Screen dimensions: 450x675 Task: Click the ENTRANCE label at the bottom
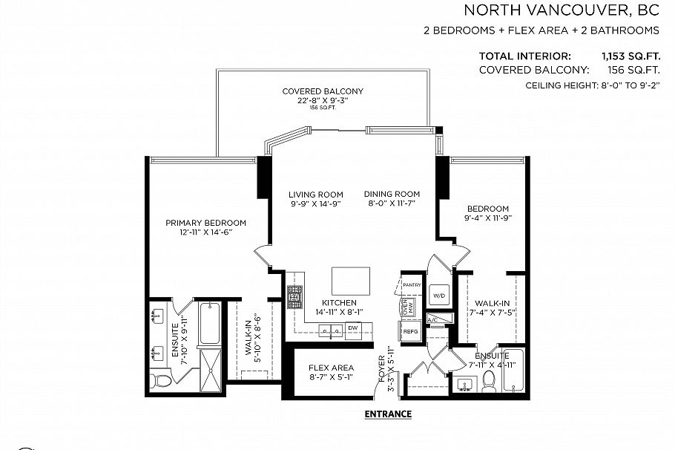point(388,414)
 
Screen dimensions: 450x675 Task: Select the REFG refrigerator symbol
point(411,331)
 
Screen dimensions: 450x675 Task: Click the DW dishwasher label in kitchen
point(353,327)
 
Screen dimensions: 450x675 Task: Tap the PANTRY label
point(412,284)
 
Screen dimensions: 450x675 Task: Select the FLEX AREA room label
point(332,368)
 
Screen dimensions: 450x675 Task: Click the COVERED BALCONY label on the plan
point(323,91)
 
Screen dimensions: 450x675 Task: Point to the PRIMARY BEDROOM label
point(205,223)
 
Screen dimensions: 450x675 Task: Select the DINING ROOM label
point(392,195)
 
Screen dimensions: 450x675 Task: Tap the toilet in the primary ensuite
point(160,379)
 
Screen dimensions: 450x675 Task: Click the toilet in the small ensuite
point(489,380)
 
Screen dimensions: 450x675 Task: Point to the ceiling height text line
point(593,86)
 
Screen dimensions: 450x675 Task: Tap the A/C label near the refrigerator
point(435,319)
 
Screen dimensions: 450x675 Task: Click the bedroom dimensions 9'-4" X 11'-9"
point(488,218)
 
